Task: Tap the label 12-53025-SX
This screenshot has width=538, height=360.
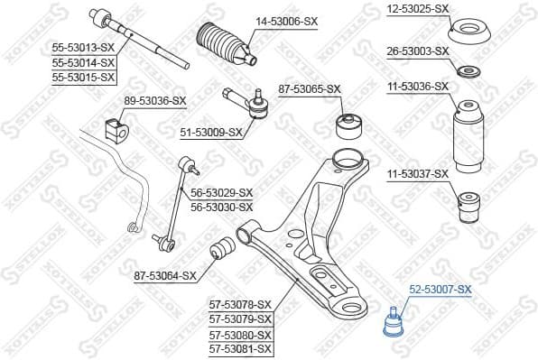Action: pyautogui.click(x=418, y=8)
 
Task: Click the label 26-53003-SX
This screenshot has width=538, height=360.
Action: pyautogui.click(x=418, y=51)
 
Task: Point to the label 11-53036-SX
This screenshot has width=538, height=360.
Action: pyautogui.click(x=418, y=87)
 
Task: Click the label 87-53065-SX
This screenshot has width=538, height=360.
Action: pyautogui.click(x=309, y=88)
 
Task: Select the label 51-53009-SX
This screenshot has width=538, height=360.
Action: pyautogui.click(x=212, y=133)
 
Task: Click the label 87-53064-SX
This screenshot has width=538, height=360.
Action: pyautogui.click(x=165, y=276)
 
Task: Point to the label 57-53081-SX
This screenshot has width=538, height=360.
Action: pyautogui.click(x=240, y=348)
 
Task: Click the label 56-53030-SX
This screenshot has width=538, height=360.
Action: pyautogui.click(x=222, y=207)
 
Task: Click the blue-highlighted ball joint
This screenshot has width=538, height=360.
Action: pyautogui.click(x=394, y=322)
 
